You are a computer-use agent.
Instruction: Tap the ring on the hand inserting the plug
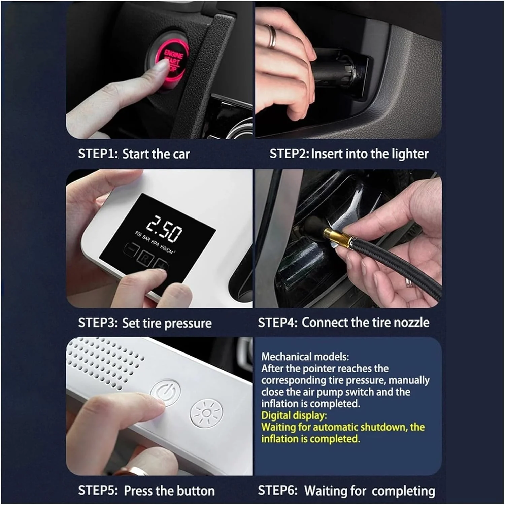point(272,36)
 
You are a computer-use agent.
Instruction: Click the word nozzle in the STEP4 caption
point(411,323)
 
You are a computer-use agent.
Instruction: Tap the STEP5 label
point(98,491)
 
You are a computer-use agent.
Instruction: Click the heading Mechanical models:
point(305,357)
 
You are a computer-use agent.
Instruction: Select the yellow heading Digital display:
point(294,415)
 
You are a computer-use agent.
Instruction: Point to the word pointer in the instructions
point(320,368)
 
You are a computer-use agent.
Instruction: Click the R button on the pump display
point(145,259)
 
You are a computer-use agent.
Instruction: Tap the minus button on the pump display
point(131,250)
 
